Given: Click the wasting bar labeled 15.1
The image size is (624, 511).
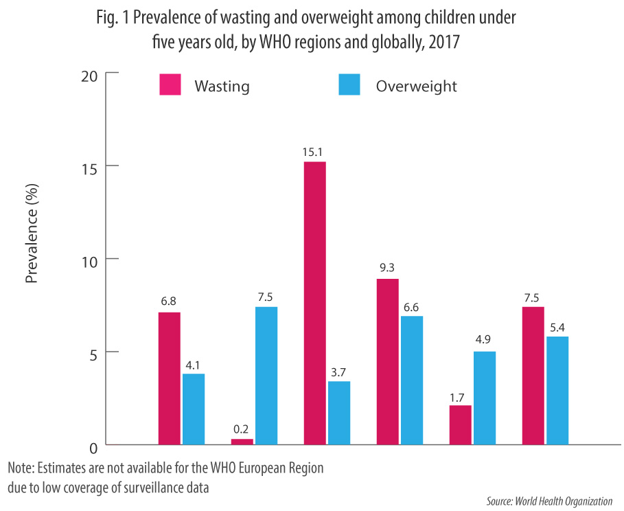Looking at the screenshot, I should (314, 303).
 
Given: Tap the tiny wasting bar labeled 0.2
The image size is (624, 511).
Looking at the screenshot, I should (242, 442).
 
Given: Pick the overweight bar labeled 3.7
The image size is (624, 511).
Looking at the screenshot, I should (339, 413).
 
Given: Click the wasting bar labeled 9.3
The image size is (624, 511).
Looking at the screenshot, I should (387, 361).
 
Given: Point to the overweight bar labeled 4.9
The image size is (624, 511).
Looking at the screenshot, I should (484, 398).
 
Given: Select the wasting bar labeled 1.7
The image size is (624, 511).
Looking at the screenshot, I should (460, 425).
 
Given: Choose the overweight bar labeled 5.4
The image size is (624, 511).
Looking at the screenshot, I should (557, 390).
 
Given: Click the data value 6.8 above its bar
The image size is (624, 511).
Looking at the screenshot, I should (170, 300).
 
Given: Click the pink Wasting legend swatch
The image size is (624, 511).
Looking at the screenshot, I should (170, 86).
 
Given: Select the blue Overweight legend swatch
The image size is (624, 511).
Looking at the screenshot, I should (350, 86).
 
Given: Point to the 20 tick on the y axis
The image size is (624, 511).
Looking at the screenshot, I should (91, 73).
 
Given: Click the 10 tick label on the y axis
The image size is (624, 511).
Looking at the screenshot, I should (91, 260).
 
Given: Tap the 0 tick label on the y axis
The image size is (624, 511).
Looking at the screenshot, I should (95, 447).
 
